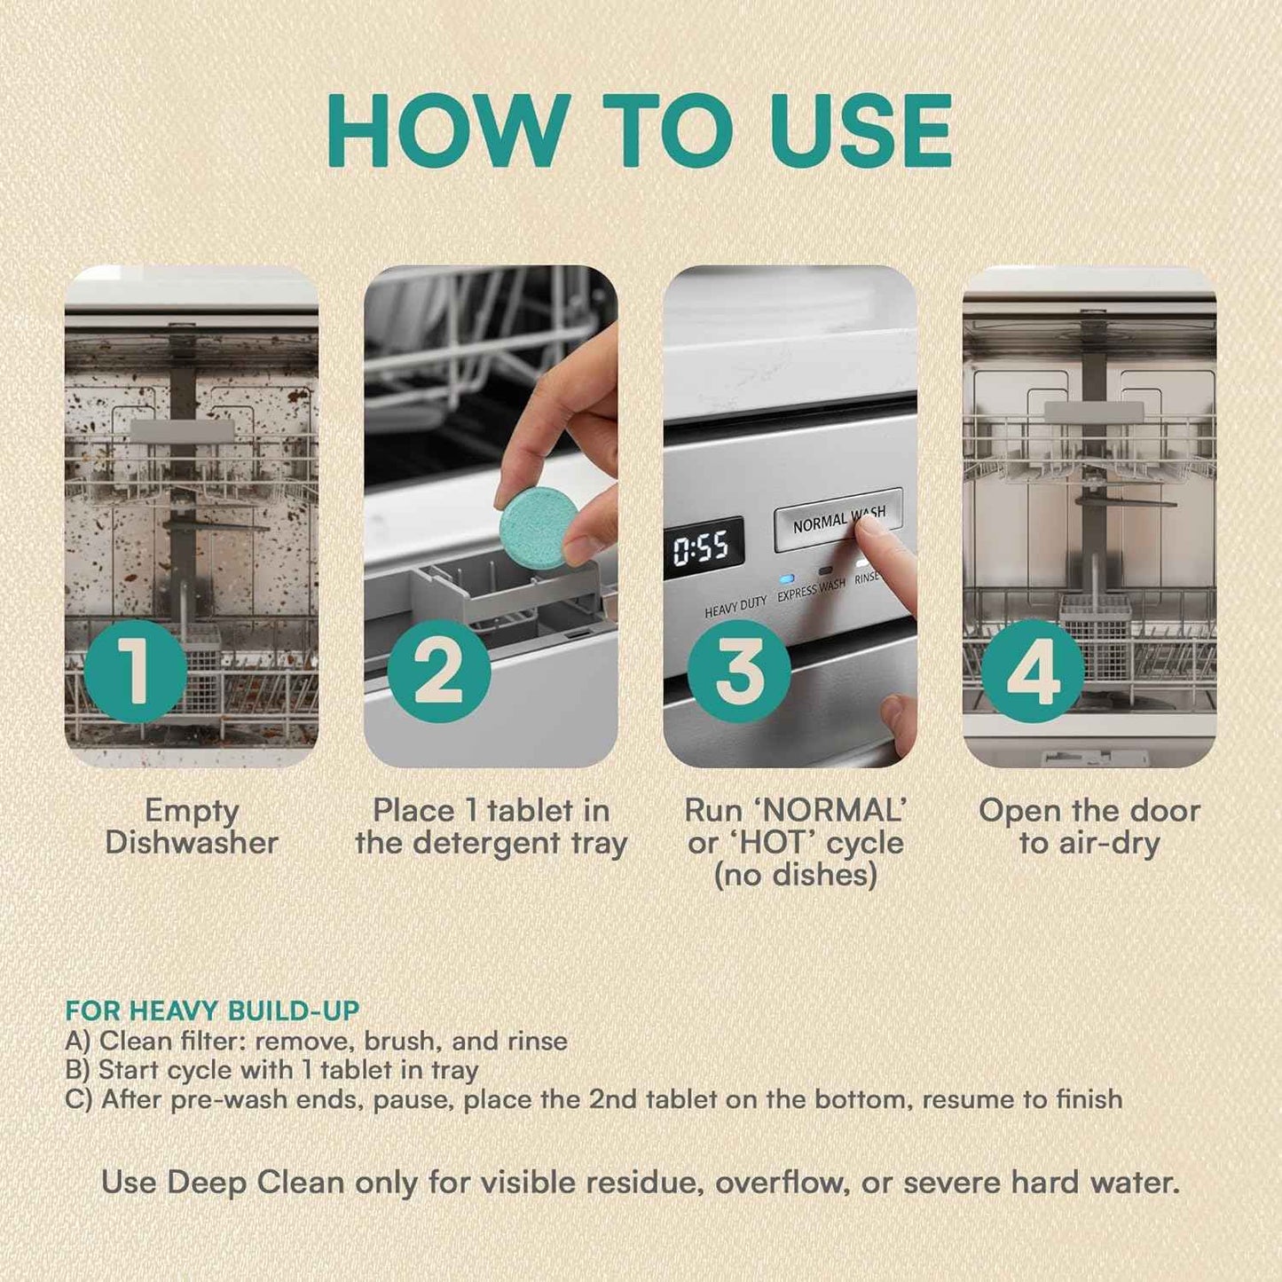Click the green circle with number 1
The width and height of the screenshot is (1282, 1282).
click(x=135, y=671)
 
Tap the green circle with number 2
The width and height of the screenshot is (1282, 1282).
click(x=439, y=671)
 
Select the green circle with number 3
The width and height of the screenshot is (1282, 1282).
click(x=739, y=671)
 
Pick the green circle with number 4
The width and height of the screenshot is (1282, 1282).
click(x=1033, y=671)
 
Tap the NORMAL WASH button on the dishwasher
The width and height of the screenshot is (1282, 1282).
click(x=838, y=519)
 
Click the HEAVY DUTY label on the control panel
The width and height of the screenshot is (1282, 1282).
click(x=735, y=608)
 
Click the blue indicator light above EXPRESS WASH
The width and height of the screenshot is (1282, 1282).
click(x=786, y=578)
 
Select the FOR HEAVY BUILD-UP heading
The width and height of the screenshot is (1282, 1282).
click(x=212, y=1011)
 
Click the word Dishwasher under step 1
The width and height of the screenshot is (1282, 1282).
click(x=192, y=843)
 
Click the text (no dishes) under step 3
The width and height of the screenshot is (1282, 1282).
click(x=796, y=876)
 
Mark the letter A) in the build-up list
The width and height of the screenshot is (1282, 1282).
click(x=78, y=1041)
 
